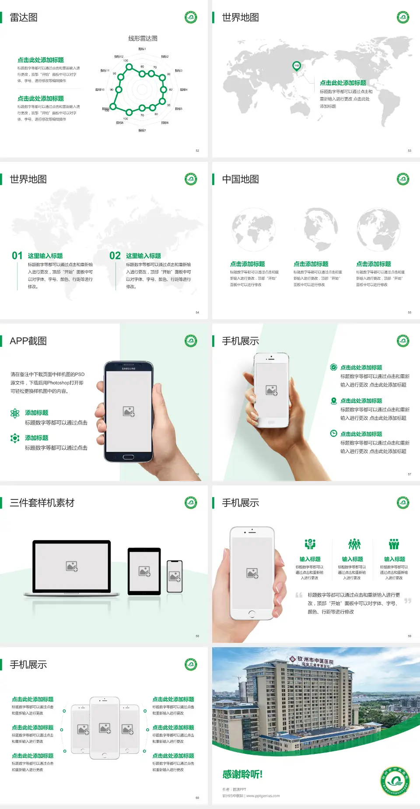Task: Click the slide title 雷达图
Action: point(24,17)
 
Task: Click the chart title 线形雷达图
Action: point(143,38)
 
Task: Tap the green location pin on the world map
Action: point(296,66)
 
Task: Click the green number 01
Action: point(17,256)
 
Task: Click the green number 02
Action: point(115,256)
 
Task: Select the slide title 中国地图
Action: point(240,179)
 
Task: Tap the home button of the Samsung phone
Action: point(128,457)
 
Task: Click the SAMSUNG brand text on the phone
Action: point(129,369)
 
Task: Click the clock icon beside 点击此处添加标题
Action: point(333,433)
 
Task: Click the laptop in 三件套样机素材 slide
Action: point(72,568)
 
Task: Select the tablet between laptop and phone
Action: point(144,571)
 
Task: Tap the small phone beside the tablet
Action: point(175,576)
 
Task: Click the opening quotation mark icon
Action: point(299,595)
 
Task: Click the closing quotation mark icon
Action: point(408,601)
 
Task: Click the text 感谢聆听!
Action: point(242,774)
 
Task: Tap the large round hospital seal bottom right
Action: point(395,781)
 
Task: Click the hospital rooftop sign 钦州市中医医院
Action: point(315,660)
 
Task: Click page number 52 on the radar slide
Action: point(197,150)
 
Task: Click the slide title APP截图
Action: point(28,341)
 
